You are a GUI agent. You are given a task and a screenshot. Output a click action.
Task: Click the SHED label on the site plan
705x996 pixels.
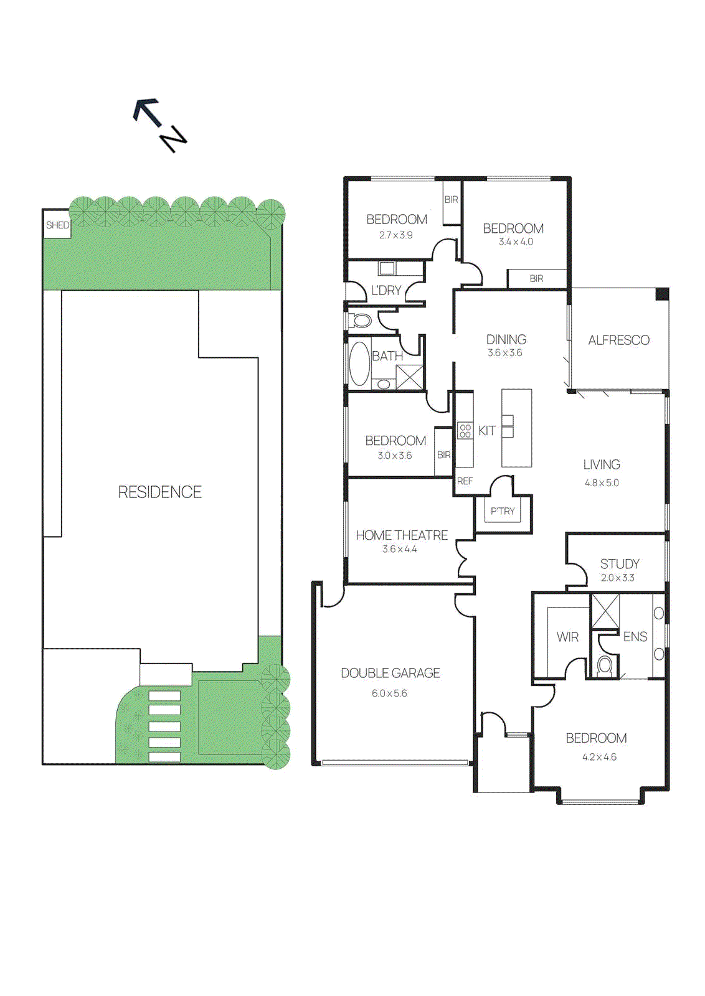tap(57, 225)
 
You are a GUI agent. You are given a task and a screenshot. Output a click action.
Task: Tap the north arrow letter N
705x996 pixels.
tap(173, 139)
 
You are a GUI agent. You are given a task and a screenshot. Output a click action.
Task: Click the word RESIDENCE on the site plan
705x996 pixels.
tap(159, 492)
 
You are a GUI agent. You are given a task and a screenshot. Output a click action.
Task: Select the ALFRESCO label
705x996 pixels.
tap(618, 341)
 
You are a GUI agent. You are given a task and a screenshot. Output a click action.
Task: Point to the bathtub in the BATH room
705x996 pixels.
tap(359, 364)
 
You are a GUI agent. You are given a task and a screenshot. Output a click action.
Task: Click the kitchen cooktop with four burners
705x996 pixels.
tap(465, 431)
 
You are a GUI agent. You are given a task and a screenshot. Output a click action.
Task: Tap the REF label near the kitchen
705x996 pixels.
tap(465, 481)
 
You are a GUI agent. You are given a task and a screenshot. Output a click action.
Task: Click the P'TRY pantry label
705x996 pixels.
tap(503, 512)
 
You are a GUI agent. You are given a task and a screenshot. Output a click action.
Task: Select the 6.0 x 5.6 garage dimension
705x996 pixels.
tap(389, 693)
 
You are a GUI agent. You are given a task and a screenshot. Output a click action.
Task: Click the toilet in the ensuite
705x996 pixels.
tap(605, 665)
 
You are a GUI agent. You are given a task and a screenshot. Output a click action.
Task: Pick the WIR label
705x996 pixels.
tap(567, 637)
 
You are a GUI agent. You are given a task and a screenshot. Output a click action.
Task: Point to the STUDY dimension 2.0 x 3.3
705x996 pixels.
tap(617, 578)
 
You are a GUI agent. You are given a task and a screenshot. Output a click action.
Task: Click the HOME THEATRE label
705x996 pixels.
tap(402, 535)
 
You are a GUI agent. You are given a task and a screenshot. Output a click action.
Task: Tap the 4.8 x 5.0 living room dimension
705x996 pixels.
tap(602, 483)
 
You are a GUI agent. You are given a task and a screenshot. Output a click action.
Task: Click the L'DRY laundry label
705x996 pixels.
tap(386, 291)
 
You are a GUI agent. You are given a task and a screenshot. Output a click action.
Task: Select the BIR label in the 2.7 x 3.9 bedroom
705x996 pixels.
tap(451, 200)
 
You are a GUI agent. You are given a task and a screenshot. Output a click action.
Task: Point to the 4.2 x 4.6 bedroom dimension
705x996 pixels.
tap(599, 758)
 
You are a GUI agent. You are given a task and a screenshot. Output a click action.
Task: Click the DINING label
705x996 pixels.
tap(506, 340)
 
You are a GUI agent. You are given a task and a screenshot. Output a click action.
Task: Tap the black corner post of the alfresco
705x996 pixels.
tap(662, 294)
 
